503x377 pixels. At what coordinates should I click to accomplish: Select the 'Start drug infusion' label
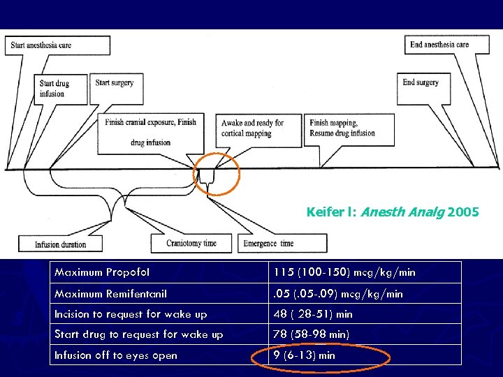click(61, 88)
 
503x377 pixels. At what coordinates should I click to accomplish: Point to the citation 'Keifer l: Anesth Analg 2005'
click(393, 211)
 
